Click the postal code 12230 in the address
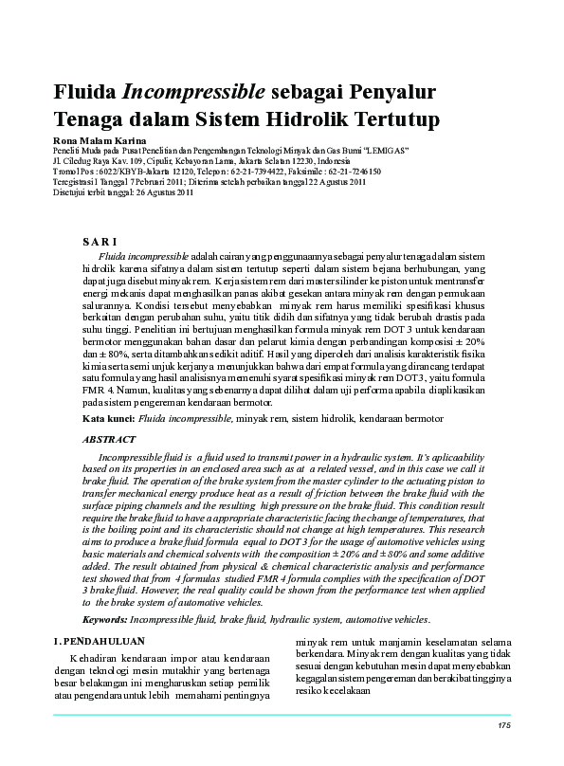tap(298, 161)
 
